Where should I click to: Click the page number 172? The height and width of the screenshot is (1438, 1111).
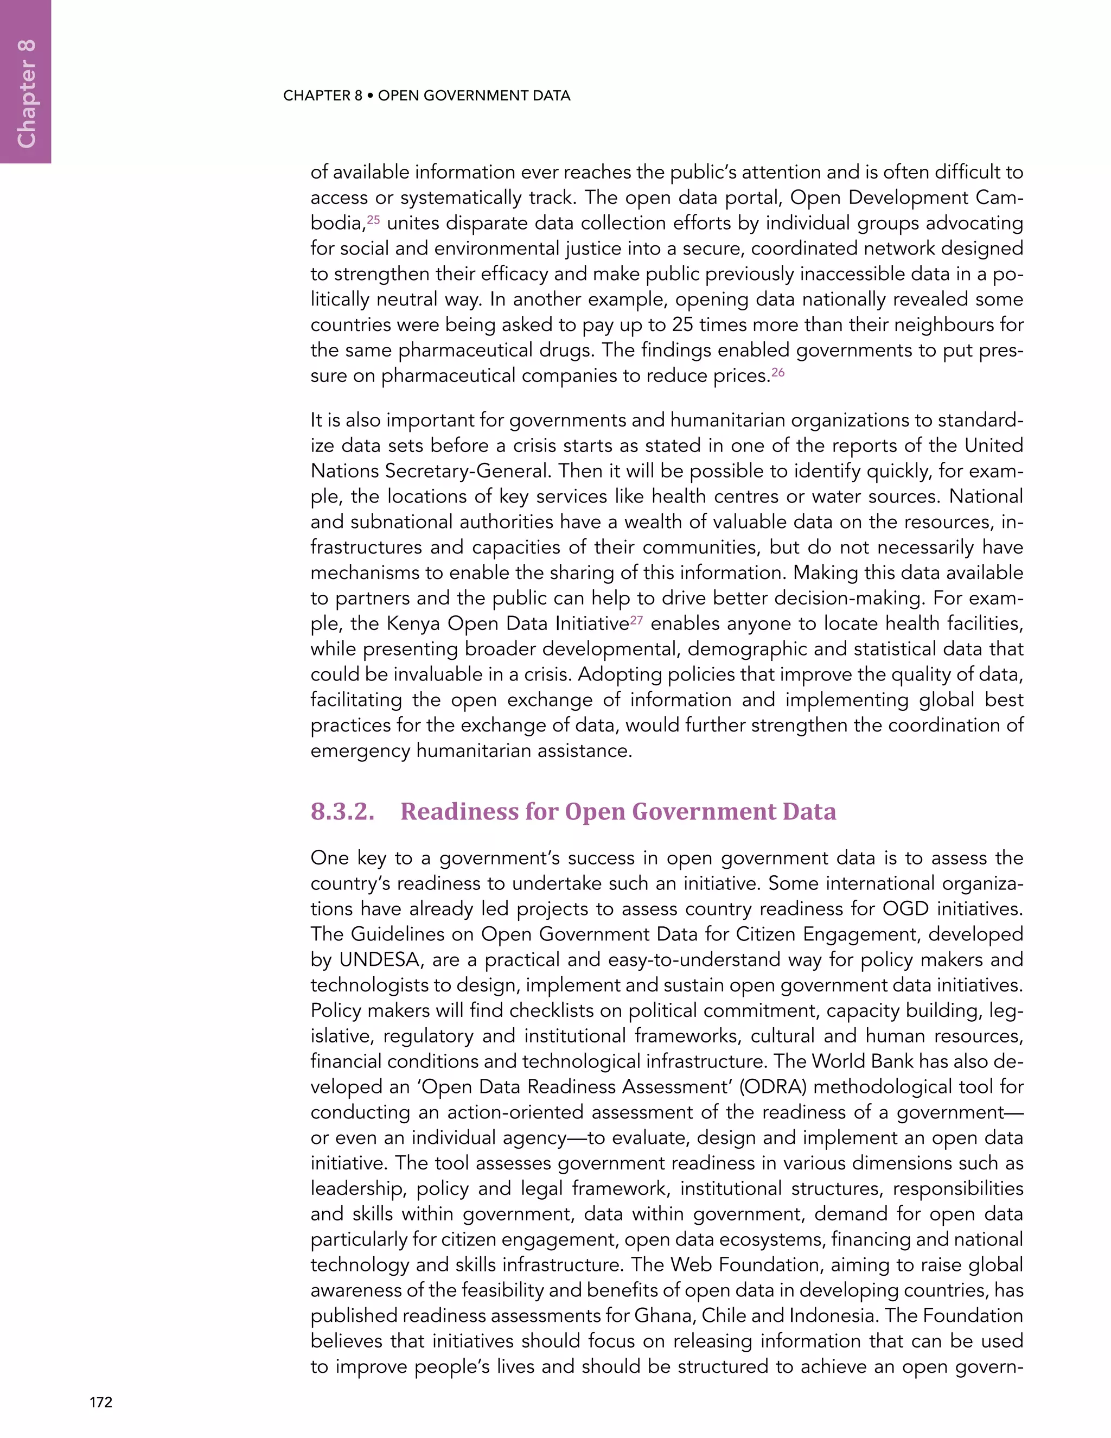pyautogui.click(x=101, y=1402)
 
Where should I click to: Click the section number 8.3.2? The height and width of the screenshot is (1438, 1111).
pyautogui.click(x=342, y=811)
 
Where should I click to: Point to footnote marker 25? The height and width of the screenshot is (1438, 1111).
pyautogui.click(x=373, y=219)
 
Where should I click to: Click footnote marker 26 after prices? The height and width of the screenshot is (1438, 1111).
pyautogui.click(x=778, y=372)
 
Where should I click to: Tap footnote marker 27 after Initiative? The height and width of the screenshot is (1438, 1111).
pyautogui.click(x=636, y=620)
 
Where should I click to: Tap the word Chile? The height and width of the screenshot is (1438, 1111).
pyautogui.click(x=723, y=1315)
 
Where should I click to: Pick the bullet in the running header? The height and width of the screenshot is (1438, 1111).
pyautogui.click(x=370, y=96)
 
